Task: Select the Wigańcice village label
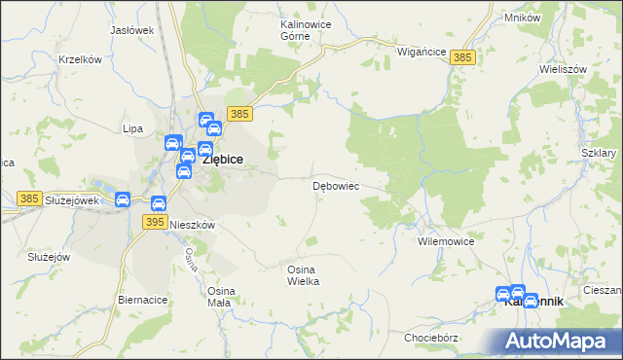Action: coord(421,52)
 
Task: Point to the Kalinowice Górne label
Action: coord(281,29)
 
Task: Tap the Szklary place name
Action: coord(599,154)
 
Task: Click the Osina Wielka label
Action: coord(303,274)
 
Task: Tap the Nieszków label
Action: coord(192,224)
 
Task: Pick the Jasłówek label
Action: coord(132,30)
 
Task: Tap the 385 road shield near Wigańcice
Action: coord(463,58)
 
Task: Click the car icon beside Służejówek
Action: coord(123,200)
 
